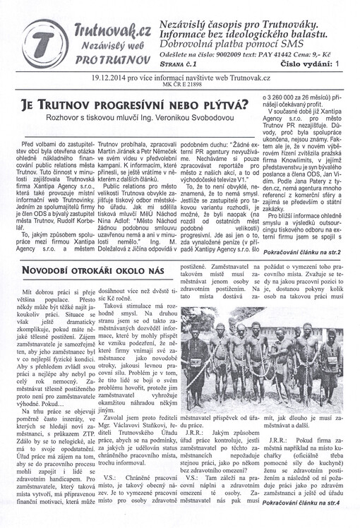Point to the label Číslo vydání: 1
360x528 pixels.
(308, 64)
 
